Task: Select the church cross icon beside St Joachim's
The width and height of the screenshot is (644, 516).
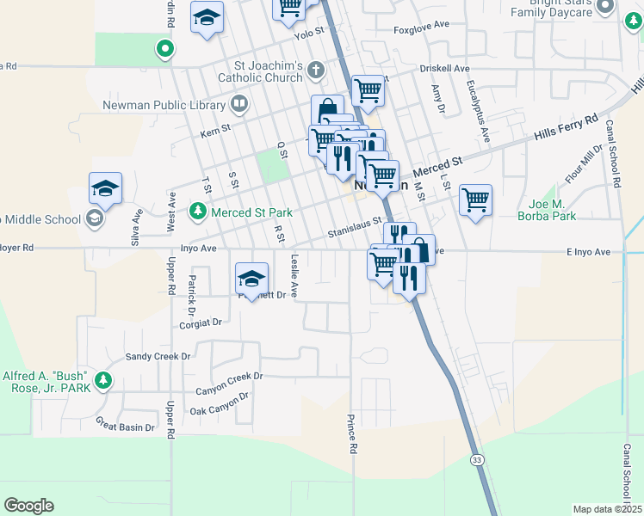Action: click(316, 70)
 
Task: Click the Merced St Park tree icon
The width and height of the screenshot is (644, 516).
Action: click(198, 211)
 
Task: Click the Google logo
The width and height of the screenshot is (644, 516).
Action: click(28, 506)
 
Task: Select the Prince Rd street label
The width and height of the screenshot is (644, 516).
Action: click(352, 433)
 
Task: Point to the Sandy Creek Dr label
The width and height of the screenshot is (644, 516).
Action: click(158, 356)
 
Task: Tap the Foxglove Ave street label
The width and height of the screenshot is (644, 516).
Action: click(423, 30)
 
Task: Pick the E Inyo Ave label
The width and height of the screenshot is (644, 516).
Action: click(588, 252)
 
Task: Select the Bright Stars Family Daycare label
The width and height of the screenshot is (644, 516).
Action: click(563, 8)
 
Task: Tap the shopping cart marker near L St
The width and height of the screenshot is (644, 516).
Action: click(475, 200)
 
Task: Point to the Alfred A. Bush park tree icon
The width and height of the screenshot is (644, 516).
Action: click(103, 379)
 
